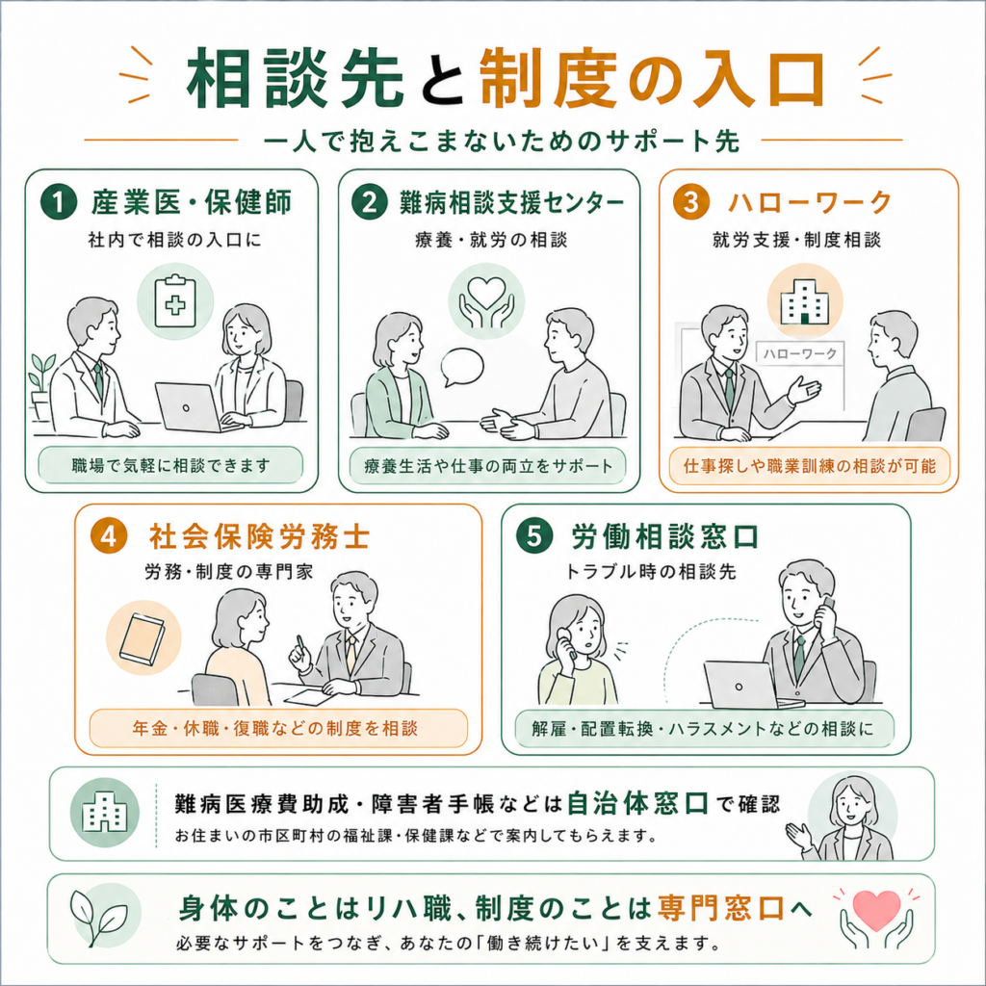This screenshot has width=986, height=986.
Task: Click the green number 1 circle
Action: (x=59, y=202)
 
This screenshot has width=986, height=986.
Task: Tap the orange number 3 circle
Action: (x=691, y=202)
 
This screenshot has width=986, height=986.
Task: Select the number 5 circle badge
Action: (x=533, y=535)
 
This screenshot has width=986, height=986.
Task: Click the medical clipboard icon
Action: (x=175, y=301)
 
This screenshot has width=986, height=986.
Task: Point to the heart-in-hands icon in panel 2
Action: (x=486, y=301)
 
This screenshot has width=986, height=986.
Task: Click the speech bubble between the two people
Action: (x=462, y=367)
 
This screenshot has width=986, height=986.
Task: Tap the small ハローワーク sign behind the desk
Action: (x=800, y=353)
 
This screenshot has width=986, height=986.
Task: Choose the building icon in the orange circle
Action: (x=805, y=300)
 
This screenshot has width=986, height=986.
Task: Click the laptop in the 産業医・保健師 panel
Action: (x=189, y=407)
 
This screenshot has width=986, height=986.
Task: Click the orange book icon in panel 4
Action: (x=143, y=637)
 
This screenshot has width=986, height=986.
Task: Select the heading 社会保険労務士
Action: (x=259, y=536)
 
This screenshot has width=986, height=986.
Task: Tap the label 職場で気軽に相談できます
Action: (x=170, y=465)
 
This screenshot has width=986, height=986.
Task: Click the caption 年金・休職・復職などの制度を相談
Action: (x=274, y=728)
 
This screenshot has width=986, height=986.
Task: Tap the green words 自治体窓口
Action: (x=637, y=804)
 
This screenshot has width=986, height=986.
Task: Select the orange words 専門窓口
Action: (x=721, y=907)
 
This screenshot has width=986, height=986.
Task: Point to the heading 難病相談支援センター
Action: (x=512, y=202)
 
